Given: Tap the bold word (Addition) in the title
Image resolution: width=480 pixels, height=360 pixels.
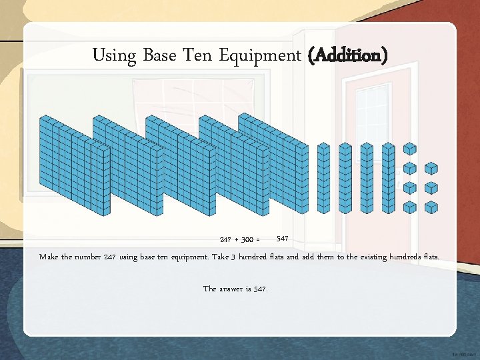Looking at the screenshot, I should pyautogui.click(x=347, y=55).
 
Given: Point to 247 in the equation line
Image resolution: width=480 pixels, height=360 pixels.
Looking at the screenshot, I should pyautogui.click(x=227, y=239).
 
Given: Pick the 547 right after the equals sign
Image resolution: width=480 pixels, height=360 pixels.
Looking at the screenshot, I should pyautogui.click(x=282, y=238).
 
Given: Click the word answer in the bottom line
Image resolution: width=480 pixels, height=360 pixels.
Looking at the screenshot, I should pyautogui.click(x=233, y=289).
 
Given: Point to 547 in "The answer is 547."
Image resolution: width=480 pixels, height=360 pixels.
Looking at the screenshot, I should pyautogui.click(x=259, y=289).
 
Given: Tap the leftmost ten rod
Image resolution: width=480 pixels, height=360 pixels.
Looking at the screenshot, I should pyautogui.click(x=323, y=177).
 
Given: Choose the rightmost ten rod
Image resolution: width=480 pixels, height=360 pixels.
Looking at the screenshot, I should pyautogui.click(x=387, y=177).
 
